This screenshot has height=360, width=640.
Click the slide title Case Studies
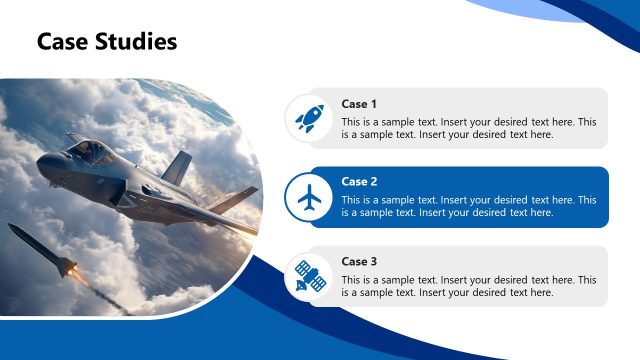(x=107, y=41)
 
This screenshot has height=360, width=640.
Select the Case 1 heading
(x=359, y=104)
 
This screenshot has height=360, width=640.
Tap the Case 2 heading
(x=359, y=182)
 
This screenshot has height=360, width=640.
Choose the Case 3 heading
(x=359, y=261)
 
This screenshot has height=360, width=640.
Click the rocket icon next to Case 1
(x=309, y=119)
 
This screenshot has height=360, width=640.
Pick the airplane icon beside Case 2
(x=309, y=197)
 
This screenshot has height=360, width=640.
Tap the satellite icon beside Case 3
(x=309, y=276)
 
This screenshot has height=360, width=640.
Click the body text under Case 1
(x=468, y=128)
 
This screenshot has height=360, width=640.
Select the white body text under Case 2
(x=468, y=206)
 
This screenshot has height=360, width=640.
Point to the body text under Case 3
(x=468, y=286)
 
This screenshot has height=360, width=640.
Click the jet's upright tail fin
(x=176, y=168)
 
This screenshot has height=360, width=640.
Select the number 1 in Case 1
(x=373, y=104)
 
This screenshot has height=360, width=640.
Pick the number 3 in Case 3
(x=373, y=261)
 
